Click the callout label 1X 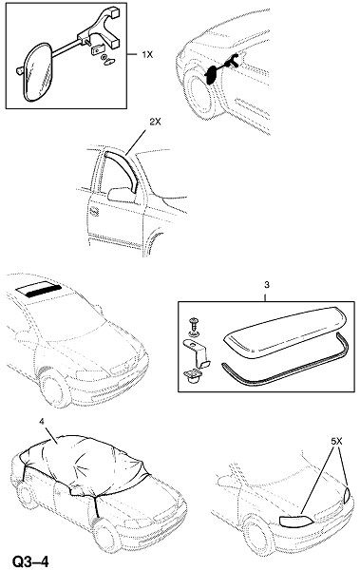pos(147,55)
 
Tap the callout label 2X pos(155,123)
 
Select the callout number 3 pos(267,285)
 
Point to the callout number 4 pos(42,421)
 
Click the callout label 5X pos(336,442)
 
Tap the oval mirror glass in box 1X pos(37,71)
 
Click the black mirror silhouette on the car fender pos(211,75)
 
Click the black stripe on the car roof pos(44,291)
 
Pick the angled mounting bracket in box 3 pos(196,351)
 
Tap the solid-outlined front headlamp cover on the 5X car pos(295,521)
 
